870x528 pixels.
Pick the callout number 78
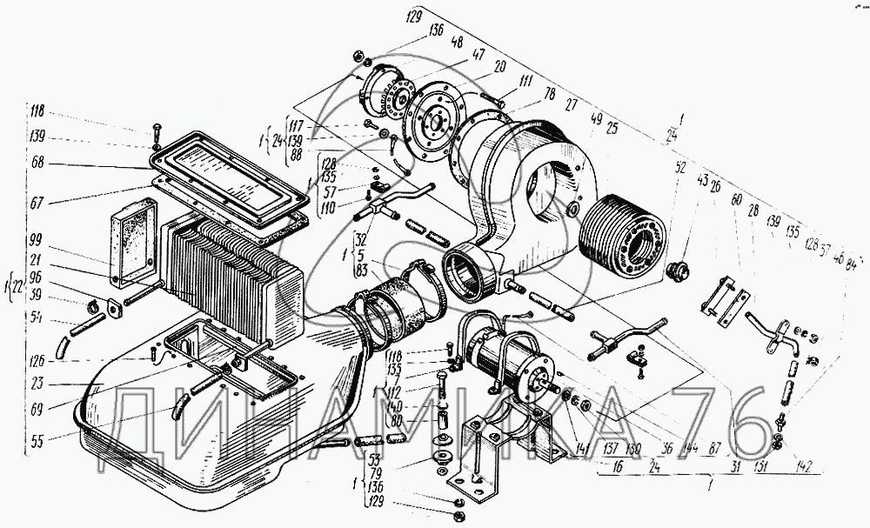click(x=550, y=94)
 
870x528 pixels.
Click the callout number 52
click(x=679, y=166)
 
